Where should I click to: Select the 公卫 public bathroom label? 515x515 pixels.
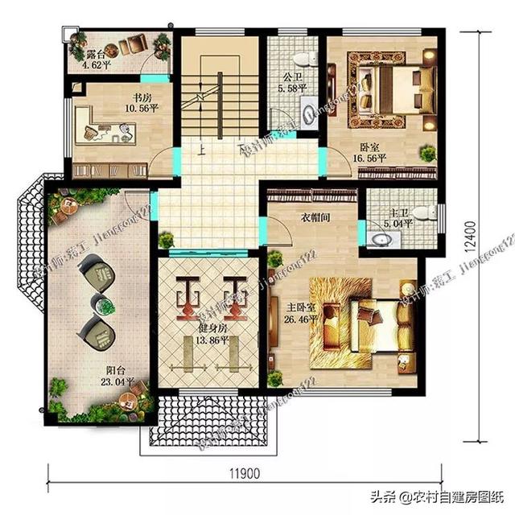[x=291, y=79]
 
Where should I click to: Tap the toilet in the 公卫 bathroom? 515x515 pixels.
[x=304, y=57]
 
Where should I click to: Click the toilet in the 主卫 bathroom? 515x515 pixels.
[x=428, y=212]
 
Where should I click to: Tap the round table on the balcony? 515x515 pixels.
[x=102, y=303]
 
